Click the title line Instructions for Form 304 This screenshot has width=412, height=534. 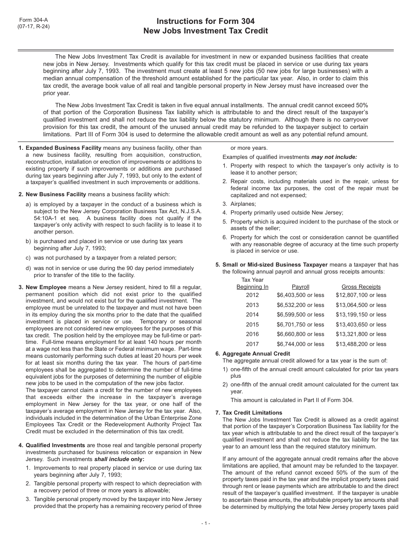click(x=206, y=21)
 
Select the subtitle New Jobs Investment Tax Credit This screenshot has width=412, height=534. click(x=206, y=31)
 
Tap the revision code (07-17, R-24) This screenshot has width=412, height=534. click(x=33, y=26)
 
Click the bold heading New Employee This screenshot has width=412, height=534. click(x=46, y=287)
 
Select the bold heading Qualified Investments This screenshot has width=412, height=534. click(x=56, y=445)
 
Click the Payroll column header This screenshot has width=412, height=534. click(x=301, y=287)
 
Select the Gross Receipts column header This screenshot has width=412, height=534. click(x=361, y=287)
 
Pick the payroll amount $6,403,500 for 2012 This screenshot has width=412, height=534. click(x=301, y=295)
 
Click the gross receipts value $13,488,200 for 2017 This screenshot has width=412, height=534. click(x=361, y=344)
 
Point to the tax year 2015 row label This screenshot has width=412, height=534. click(x=252, y=324)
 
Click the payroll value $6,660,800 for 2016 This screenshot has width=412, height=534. click(x=301, y=334)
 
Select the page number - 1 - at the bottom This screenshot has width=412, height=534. click(x=206, y=523)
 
